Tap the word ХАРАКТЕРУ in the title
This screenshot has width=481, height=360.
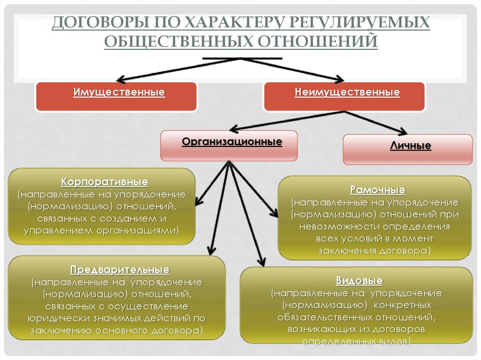point(227,23)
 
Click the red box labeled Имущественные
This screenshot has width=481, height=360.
point(116,96)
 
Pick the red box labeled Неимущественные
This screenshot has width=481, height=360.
point(344,96)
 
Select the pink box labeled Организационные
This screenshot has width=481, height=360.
point(229,146)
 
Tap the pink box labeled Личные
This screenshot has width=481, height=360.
point(408,149)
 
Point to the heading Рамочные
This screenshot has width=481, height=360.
point(377,190)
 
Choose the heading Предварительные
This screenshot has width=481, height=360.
point(119,270)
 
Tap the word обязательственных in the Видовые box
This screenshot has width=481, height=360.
point(323,317)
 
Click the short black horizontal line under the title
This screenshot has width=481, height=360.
point(242,58)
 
